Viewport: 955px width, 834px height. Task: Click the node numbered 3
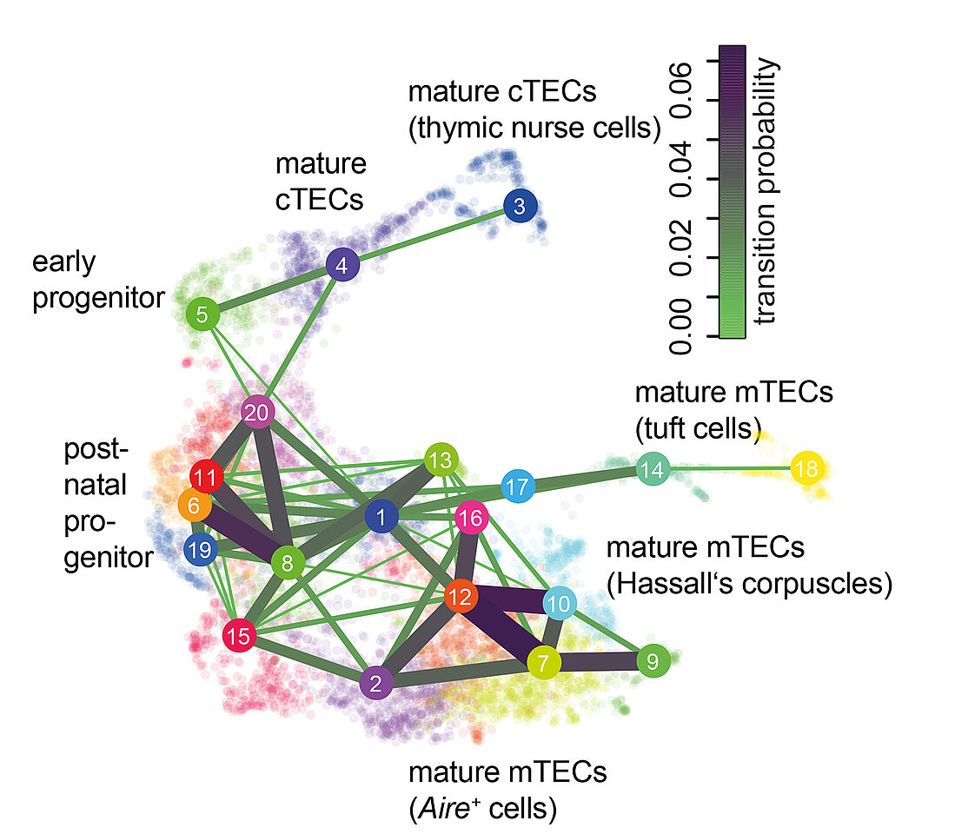(520, 207)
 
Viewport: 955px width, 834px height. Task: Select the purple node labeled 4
(342, 266)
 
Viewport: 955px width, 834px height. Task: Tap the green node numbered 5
(202, 314)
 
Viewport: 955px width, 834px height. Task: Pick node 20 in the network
(257, 412)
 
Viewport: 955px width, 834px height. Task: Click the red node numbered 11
(206, 477)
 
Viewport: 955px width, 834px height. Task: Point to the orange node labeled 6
(194, 504)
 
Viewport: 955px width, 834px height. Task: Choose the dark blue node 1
(381, 518)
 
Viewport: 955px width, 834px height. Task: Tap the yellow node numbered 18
(806, 467)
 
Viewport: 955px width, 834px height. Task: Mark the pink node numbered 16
(472, 519)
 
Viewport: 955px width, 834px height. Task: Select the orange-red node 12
(461, 597)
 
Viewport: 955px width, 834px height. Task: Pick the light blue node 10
(560, 602)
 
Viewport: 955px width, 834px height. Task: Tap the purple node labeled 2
(375, 683)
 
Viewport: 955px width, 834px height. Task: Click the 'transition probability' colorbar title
(766, 191)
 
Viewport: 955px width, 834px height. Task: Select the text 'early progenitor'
(98, 280)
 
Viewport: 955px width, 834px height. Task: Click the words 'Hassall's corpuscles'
(750, 585)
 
